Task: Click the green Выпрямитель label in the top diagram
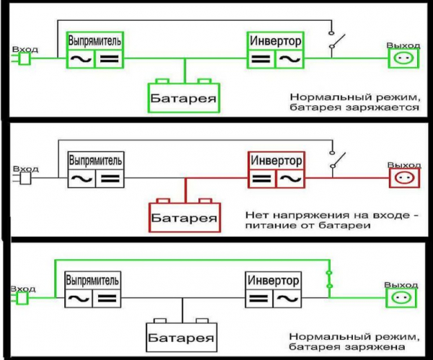95,40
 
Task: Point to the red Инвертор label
276,159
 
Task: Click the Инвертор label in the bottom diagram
273,279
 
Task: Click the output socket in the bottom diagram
403,297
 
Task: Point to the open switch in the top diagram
333,40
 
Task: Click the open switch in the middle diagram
333,159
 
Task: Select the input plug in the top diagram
23,59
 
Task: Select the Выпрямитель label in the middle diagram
95,159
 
